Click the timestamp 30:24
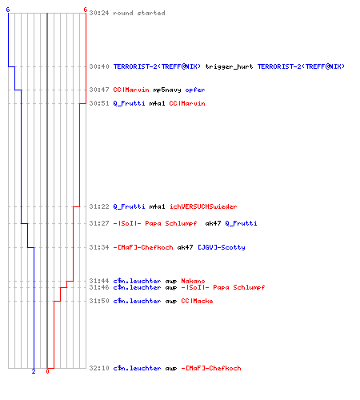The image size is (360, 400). (x=99, y=13)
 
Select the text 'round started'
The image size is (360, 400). (x=139, y=13)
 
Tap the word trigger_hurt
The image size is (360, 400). (x=229, y=66)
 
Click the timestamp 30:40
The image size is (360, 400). (x=99, y=66)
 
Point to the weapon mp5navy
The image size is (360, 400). (x=167, y=90)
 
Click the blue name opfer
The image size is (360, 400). (x=195, y=90)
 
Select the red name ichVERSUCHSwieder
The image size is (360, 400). (x=203, y=206)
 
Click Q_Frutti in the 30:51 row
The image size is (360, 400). (x=129, y=103)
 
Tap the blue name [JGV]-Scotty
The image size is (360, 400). (x=222, y=247)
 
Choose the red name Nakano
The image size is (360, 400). (x=193, y=281)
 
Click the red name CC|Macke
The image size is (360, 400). (x=197, y=301)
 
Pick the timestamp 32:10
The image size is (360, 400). (x=99, y=368)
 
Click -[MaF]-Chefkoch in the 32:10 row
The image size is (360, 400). (x=211, y=368)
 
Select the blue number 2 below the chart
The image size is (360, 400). (x=34, y=371)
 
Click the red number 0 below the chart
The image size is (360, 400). (x=47, y=371)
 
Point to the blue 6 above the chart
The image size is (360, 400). (x=8, y=10)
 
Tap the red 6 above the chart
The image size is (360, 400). (x=85, y=10)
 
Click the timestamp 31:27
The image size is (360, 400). (x=99, y=223)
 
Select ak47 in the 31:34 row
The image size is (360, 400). (x=185, y=247)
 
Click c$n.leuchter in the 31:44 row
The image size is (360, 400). (x=137, y=281)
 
